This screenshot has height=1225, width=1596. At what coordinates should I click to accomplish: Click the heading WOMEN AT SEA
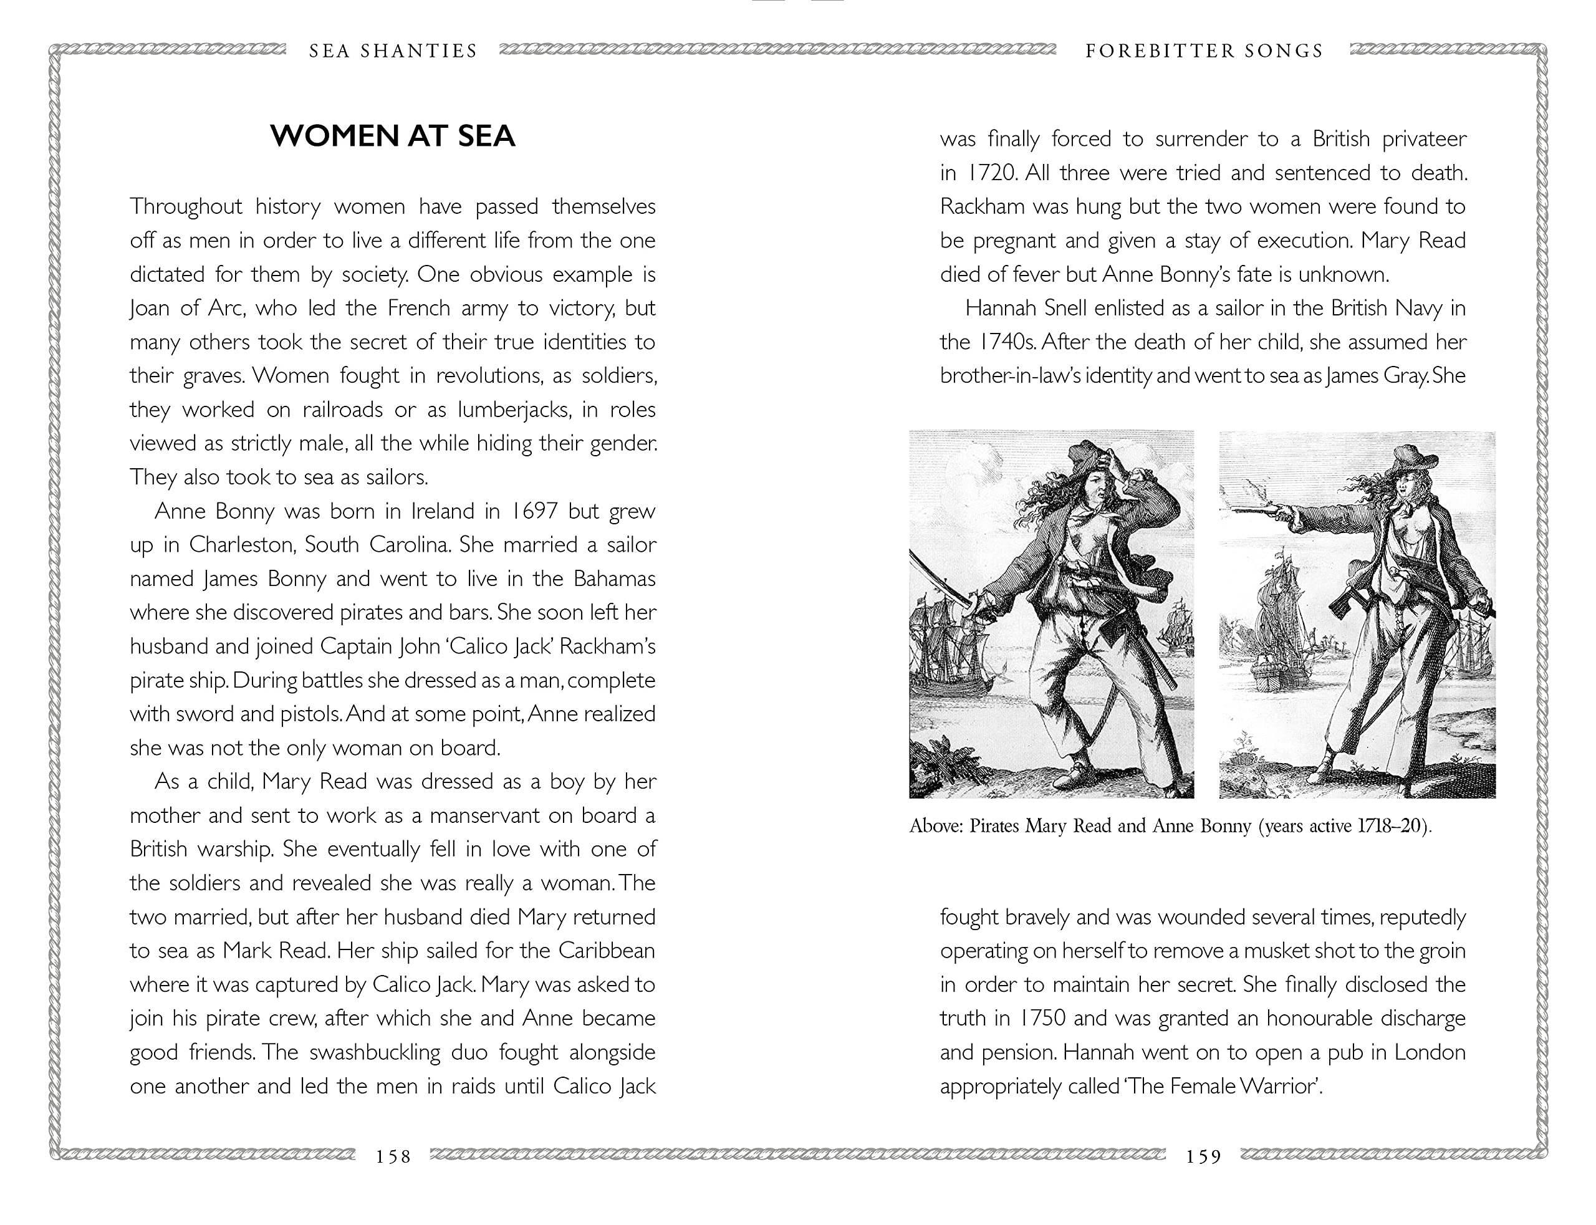tap(392, 137)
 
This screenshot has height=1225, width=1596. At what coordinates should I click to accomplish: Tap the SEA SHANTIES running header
tap(393, 51)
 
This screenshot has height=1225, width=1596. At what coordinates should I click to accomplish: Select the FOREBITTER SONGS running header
tap(1204, 51)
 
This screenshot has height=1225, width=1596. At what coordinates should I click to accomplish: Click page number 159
tap(1203, 1156)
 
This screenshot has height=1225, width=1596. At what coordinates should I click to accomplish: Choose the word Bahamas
tap(614, 579)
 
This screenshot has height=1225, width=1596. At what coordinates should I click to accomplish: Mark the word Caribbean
tap(607, 951)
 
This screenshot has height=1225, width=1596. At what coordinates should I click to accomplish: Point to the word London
tap(1429, 1052)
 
